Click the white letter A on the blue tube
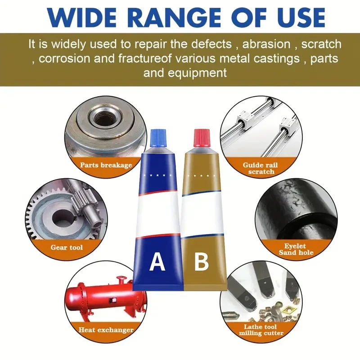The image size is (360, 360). point(157,261)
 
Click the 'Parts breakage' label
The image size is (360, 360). point(106,165)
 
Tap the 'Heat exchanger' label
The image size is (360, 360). point(106,330)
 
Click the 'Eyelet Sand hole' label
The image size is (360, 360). point(295,249)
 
